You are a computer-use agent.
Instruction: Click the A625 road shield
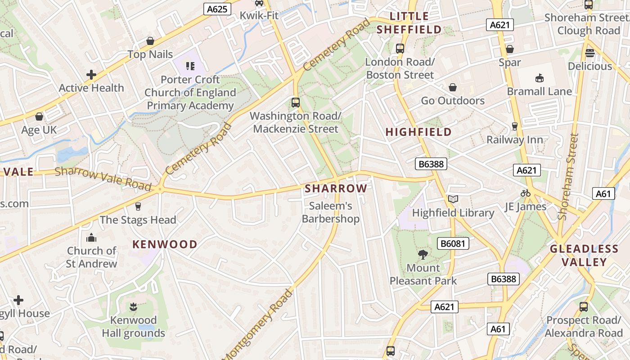point(217,9)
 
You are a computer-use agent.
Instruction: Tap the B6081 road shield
point(453,244)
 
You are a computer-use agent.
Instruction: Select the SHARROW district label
point(336,189)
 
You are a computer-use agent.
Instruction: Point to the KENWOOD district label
point(165,244)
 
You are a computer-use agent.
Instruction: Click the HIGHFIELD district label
point(418,132)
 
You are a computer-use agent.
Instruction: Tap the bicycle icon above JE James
point(525,193)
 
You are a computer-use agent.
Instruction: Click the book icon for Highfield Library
point(453,199)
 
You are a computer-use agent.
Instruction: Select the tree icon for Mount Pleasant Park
point(423,255)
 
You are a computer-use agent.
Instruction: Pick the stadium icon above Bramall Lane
point(539,78)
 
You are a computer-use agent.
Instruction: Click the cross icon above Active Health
point(91,75)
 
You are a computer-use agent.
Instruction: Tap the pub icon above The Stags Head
point(138,207)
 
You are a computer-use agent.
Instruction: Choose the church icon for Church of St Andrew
point(91,237)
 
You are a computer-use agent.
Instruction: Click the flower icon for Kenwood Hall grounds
point(133,307)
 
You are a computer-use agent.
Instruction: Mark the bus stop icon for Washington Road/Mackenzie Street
point(295,103)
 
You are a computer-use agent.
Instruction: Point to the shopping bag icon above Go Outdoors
point(453,87)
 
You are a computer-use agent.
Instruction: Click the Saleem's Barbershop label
point(330,212)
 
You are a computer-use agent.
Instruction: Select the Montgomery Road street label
point(258,323)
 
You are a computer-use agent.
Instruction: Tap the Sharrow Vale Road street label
point(103,178)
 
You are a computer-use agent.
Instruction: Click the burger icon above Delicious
point(589,53)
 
